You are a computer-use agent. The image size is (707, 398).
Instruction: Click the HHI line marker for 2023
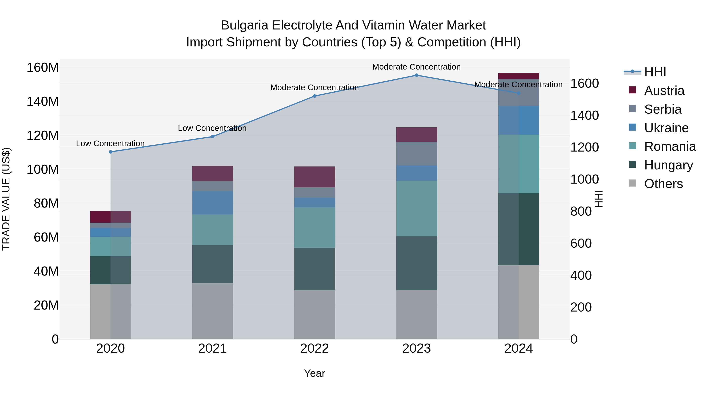(x=416, y=75)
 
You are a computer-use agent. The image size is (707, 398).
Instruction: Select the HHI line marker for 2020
(x=111, y=152)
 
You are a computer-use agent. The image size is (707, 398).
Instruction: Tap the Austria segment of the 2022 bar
(x=315, y=177)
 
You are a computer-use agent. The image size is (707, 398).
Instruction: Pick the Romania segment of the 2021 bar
(x=212, y=230)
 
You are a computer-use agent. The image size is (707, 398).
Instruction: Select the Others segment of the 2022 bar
(x=315, y=314)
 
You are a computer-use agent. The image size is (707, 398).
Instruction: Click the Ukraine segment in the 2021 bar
(x=212, y=203)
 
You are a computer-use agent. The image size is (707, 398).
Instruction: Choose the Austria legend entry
(x=664, y=91)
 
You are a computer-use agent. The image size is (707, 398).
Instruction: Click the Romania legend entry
(x=670, y=146)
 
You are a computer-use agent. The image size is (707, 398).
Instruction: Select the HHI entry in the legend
(x=655, y=72)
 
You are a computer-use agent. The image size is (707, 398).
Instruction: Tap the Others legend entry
(x=663, y=184)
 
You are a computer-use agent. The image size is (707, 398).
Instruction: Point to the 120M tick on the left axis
(x=43, y=135)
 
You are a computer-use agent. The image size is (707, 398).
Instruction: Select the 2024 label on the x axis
(x=518, y=348)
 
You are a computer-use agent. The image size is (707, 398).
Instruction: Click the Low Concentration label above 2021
(x=212, y=128)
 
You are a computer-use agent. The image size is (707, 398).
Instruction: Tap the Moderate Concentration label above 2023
(x=416, y=67)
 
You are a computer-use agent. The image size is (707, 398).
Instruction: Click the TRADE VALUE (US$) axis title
(x=6, y=199)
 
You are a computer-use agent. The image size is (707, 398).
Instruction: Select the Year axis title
(x=315, y=373)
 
